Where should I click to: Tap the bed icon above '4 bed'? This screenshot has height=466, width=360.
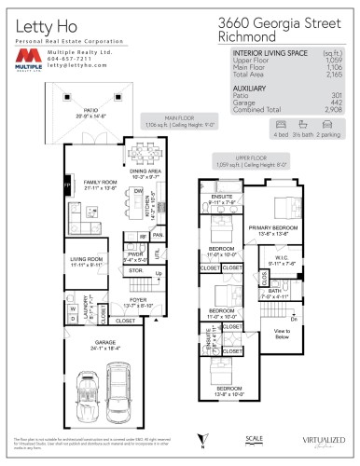281,123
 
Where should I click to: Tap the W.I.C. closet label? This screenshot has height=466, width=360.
275,262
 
